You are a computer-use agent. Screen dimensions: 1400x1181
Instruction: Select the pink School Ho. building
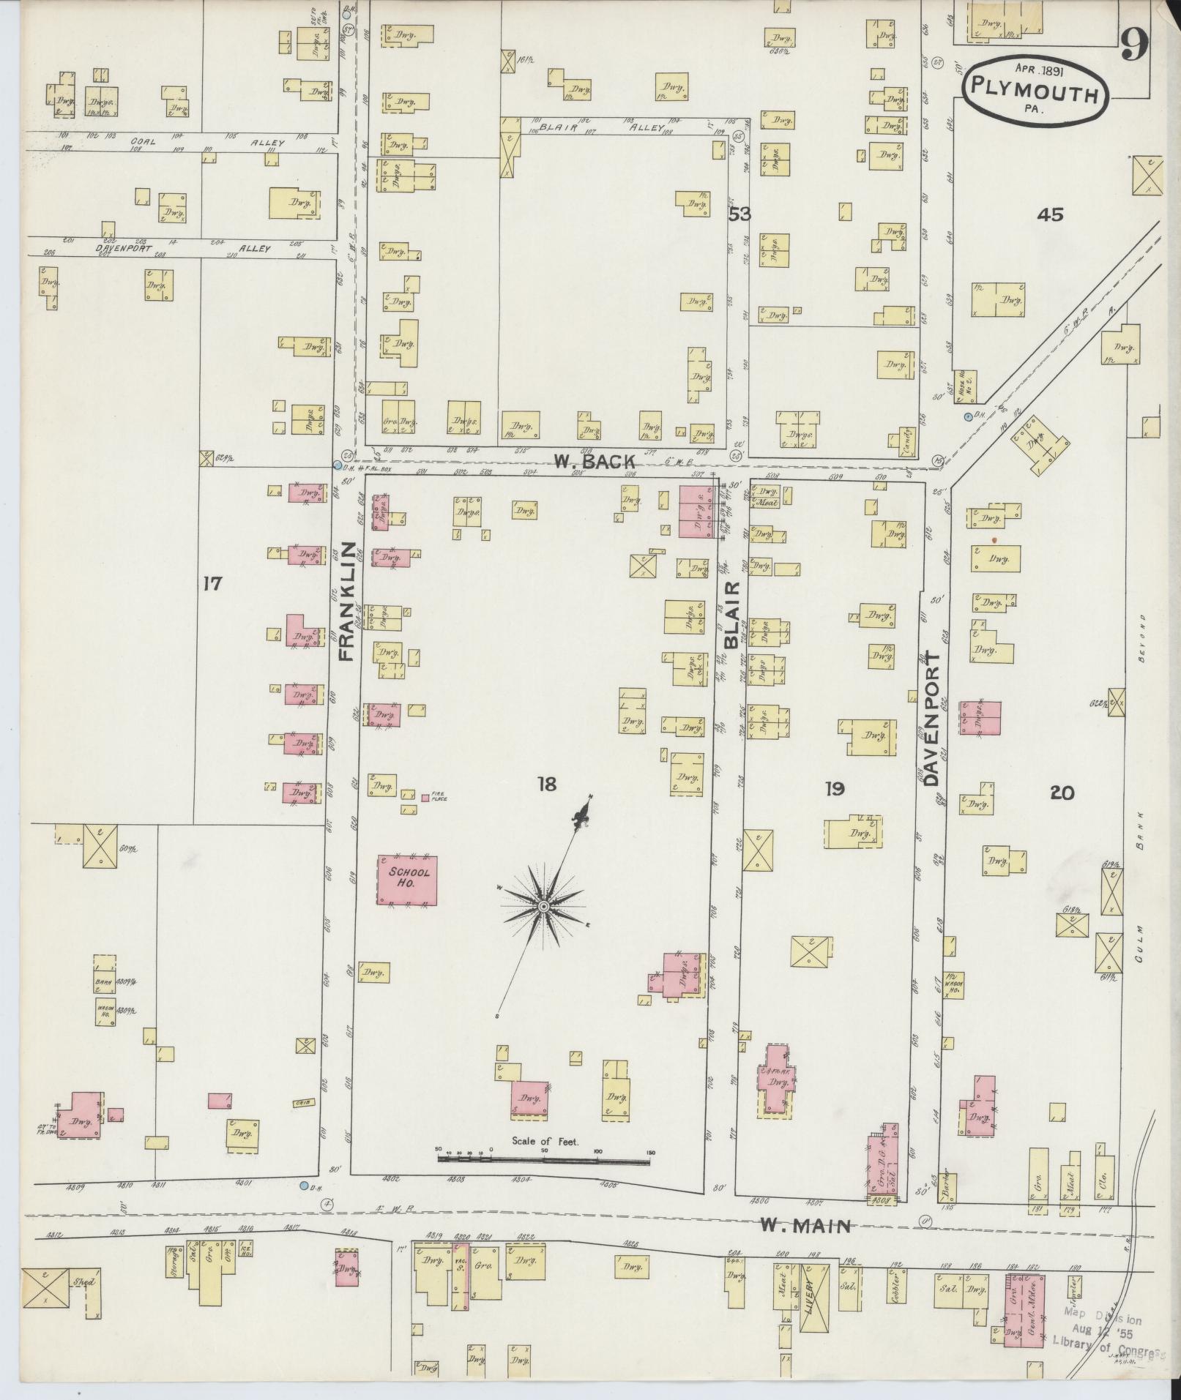(x=407, y=880)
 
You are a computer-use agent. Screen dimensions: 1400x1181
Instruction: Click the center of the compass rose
(x=543, y=907)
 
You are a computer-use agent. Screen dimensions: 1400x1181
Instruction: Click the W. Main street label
(x=805, y=1226)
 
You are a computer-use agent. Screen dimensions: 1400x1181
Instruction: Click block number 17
(x=212, y=584)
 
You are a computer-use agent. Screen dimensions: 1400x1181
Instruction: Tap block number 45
(x=1049, y=214)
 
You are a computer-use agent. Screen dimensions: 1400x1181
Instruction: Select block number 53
(x=739, y=214)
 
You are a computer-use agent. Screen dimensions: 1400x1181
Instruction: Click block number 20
(x=1062, y=792)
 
